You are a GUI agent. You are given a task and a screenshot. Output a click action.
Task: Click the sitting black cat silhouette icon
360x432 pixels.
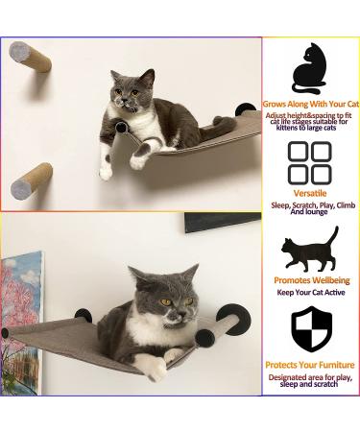(x=309, y=70)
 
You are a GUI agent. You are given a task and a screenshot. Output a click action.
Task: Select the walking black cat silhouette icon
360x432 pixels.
(x=309, y=251)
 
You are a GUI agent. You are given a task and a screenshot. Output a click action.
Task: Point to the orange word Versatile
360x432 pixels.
(x=309, y=193)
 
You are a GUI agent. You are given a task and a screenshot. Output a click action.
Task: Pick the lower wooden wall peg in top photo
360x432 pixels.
(x=33, y=180)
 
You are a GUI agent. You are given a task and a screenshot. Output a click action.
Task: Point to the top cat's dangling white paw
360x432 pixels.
(x=106, y=171)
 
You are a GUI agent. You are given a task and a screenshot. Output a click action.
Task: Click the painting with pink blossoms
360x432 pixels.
(x=20, y=308)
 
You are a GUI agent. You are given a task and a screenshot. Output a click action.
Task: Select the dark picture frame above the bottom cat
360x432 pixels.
(x=222, y=222)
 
